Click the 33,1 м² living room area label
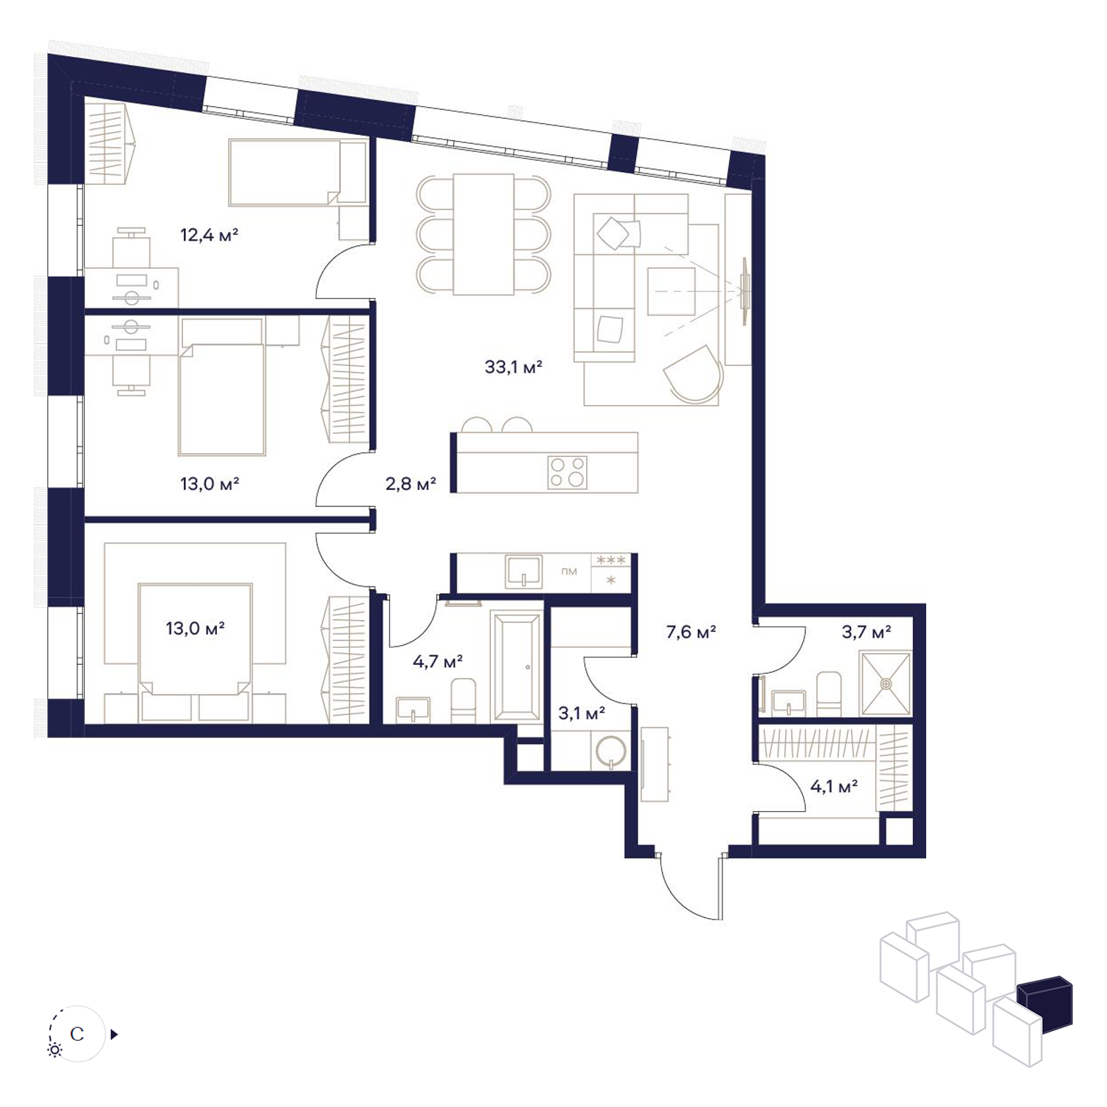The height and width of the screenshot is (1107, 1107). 514,367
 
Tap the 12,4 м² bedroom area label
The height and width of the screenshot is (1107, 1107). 210,235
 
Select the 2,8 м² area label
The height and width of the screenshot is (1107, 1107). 410,484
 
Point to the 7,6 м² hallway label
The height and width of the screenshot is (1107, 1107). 691,632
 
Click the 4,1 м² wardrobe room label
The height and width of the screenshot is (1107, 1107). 834,787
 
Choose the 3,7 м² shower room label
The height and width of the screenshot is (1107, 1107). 866,632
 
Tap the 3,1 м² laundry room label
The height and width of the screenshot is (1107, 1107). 582,714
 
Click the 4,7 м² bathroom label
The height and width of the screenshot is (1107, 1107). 438,661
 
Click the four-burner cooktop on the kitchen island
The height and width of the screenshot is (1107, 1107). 568,472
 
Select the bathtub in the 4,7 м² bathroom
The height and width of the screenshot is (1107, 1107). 517,666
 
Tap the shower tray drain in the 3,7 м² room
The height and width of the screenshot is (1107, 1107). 886,683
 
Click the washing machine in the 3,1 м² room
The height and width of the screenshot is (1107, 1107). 610,751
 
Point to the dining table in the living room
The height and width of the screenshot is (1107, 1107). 483,234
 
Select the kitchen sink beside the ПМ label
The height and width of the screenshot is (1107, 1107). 524,572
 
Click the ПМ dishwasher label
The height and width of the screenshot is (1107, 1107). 569,571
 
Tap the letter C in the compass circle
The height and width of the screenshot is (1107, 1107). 77,1034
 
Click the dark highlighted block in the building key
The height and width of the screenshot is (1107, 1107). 1045,1002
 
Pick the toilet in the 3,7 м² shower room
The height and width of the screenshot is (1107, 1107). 829,693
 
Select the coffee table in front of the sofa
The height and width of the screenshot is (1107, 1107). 672,292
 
